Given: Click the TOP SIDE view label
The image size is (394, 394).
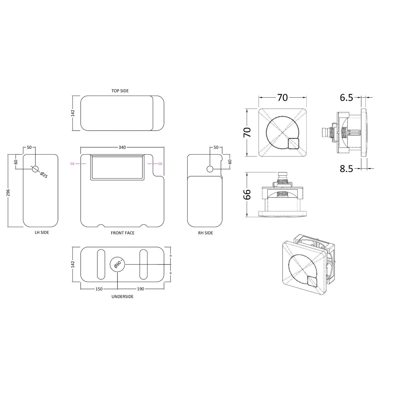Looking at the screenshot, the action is pos(120,91).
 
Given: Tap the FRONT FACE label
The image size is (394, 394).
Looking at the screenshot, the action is pos(123,233).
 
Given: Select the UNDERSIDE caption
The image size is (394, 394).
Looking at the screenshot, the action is pos(122,297).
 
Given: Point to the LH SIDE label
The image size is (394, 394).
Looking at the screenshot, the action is pos(42,232).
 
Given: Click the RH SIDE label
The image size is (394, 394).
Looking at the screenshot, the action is pos(206,233).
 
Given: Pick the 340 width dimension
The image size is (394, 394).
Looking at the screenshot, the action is pos(122,147).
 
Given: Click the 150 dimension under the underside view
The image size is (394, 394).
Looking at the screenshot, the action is pos(99,289).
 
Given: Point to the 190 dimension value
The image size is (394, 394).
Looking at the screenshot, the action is pos(141,289).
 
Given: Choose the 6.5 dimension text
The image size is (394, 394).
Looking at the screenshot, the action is pos(346,98).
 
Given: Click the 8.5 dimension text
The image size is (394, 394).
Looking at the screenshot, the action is pos(346,169).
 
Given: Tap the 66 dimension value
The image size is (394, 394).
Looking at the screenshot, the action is pos(247,194).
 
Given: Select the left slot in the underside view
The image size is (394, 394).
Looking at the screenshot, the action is pos(101,264).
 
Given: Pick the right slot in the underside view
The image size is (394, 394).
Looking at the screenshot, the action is pos(144,264).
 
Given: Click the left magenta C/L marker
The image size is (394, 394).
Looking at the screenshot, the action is pos(72,164).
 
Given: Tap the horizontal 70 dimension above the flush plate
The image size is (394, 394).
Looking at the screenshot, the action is pos(282,98).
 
